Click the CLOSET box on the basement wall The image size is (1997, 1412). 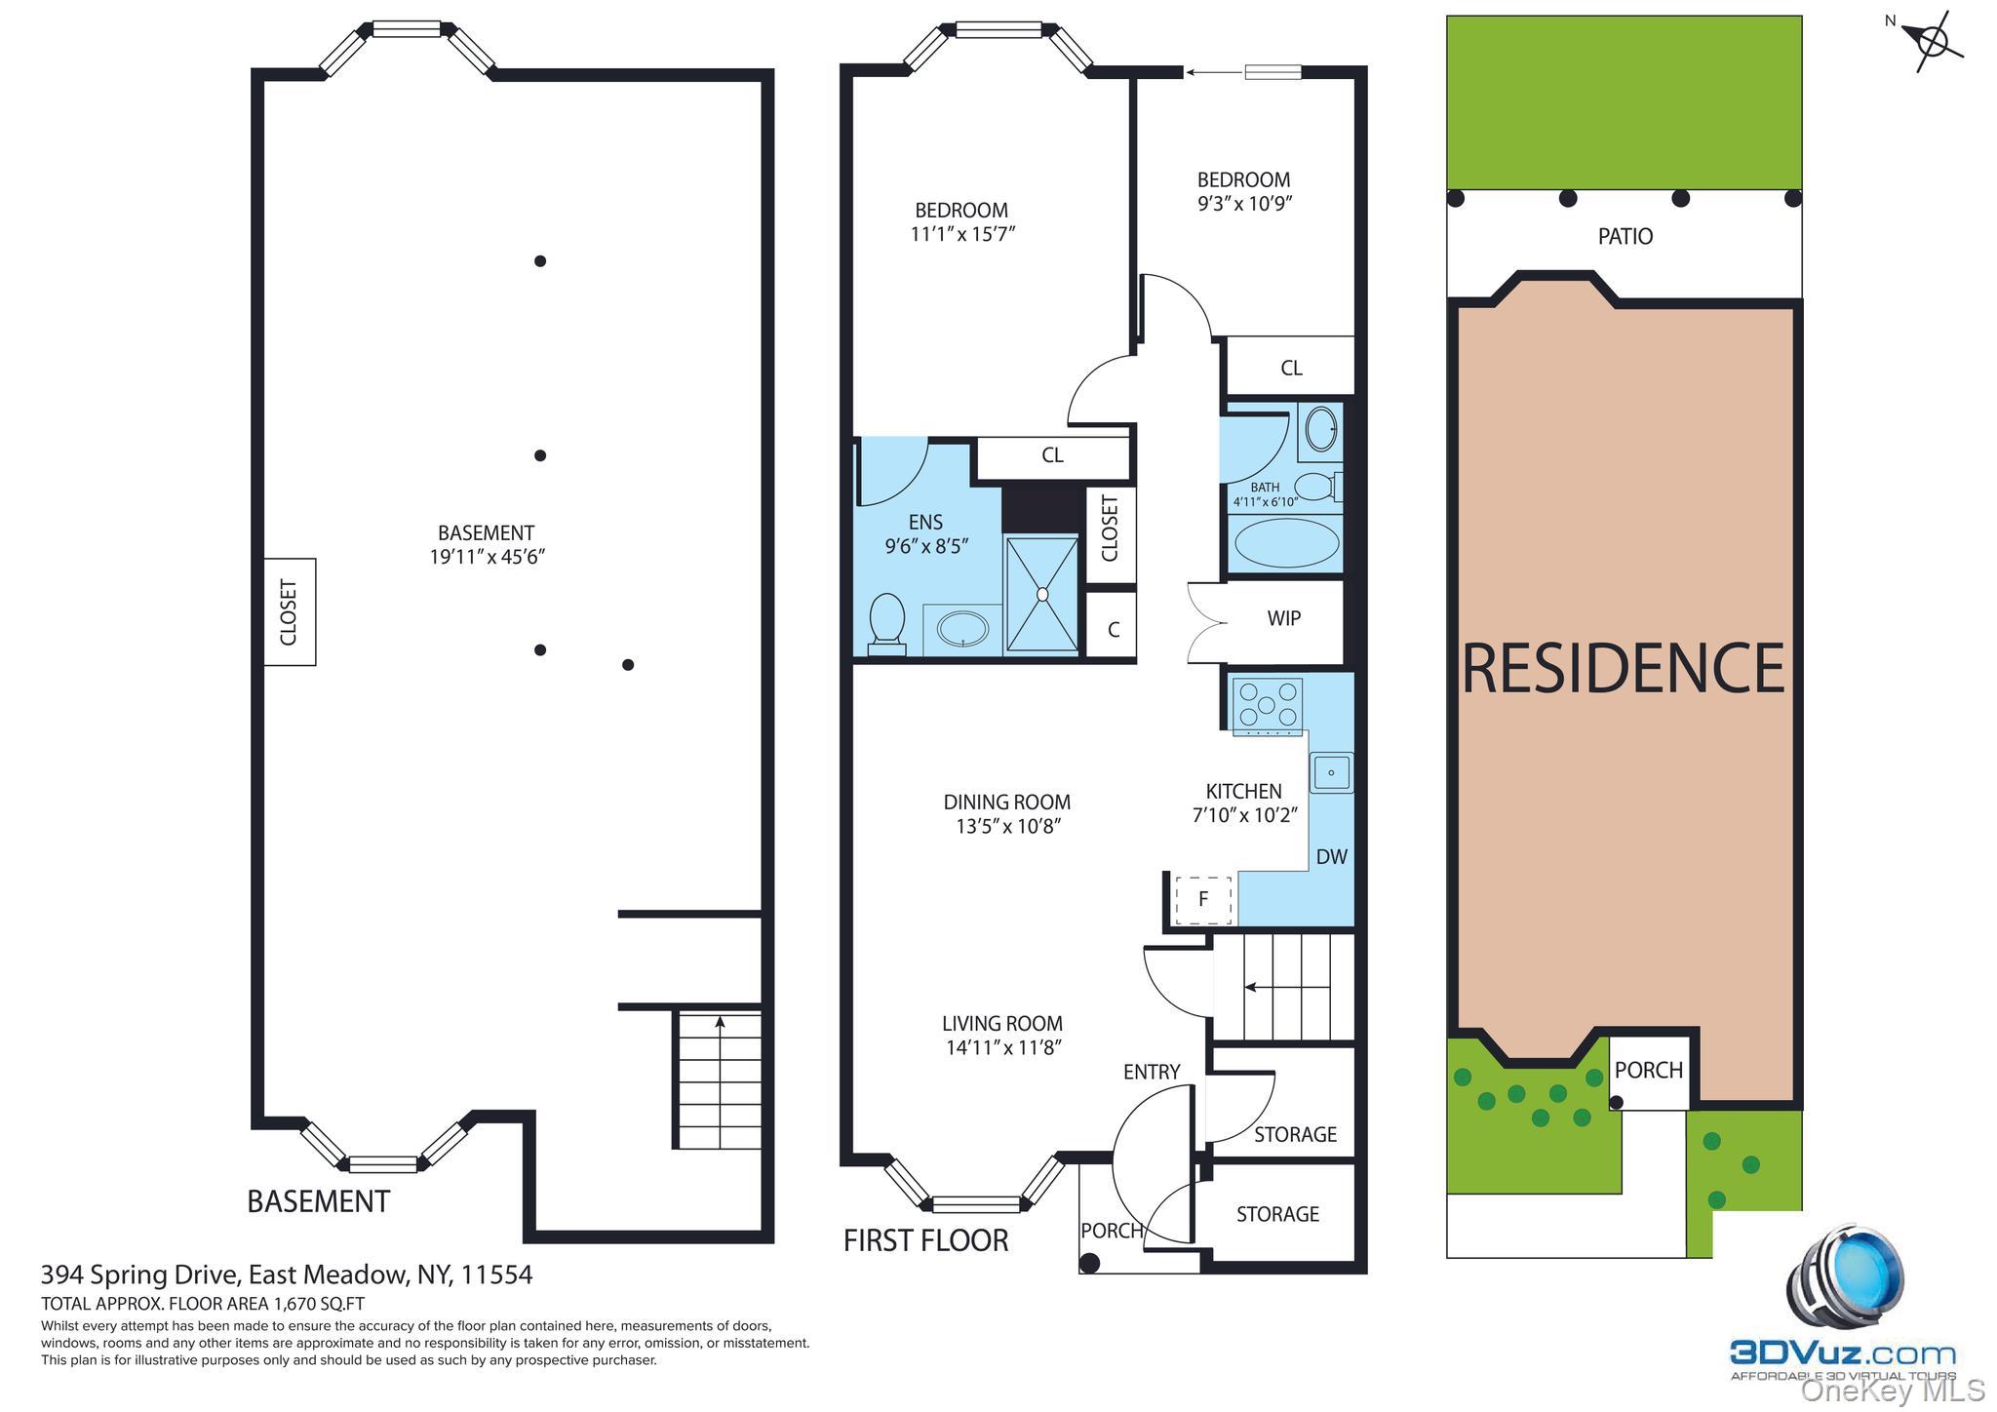click(x=290, y=612)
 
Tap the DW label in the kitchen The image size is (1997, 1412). click(x=1331, y=856)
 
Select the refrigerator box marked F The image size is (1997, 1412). click(x=1203, y=899)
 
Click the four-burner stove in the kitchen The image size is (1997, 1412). click(x=1267, y=705)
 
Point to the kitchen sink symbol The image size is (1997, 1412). click(x=1330, y=772)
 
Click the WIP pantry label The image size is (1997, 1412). click(x=1283, y=618)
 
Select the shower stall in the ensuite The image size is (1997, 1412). click(x=1041, y=593)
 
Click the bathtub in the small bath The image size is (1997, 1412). click(x=1286, y=542)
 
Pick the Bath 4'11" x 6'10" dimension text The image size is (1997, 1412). click(x=1265, y=495)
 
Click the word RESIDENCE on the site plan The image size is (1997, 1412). click(x=1624, y=669)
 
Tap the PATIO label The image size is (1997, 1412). click(x=1625, y=236)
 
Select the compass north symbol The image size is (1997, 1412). click(x=1932, y=42)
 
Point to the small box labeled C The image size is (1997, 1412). click(x=1113, y=630)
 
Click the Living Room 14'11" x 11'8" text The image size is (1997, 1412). click(x=1002, y=1036)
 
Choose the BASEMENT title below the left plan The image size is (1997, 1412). click(x=318, y=1201)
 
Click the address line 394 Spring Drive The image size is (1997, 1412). click(x=287, y=1275)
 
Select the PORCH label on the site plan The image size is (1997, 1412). click(x=1648, y=1070)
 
